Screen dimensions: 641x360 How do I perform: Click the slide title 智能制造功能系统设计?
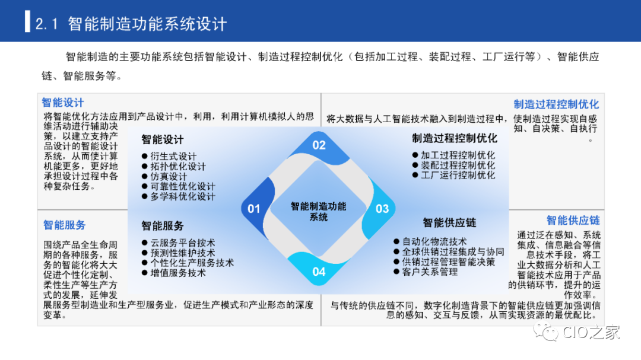point(147,24)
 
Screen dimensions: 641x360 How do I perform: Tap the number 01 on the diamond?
point(254,209)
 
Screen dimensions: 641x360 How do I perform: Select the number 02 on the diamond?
point(319,145)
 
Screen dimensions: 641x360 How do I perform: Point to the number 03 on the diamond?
point(382,209)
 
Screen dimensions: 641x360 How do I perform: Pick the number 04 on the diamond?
point(319,272)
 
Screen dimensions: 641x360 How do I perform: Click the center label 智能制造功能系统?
point(319,211)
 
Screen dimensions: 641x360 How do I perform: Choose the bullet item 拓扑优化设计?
point(178,166)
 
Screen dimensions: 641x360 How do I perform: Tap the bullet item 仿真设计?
point(169,177)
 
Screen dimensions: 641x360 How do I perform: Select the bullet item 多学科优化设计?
point(182,196)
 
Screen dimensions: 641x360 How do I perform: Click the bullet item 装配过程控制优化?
point(458,165)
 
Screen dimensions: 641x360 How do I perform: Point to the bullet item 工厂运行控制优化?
point(458,175)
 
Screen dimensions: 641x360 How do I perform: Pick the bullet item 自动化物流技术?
point(434,241)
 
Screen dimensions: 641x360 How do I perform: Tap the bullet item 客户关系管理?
point(430,272)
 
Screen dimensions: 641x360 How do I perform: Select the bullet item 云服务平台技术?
point(182,243)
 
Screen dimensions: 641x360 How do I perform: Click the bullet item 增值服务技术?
point(178,273)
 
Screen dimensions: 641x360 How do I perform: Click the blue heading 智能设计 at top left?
point(62,103)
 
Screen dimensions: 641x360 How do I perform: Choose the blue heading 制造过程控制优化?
point(556,104)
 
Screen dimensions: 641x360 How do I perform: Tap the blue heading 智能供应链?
point(573,221)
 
